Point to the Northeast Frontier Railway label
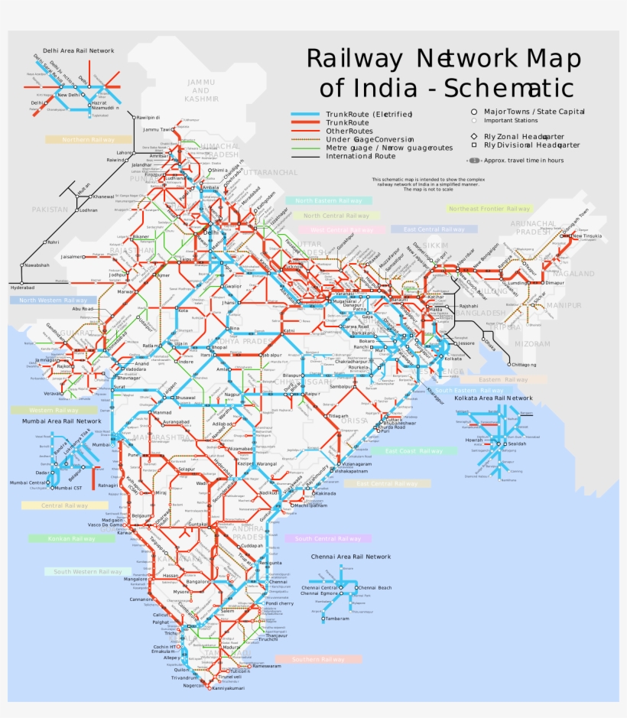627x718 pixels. coord(489,209)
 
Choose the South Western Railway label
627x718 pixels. coord(87,571)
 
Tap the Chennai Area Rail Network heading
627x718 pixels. coord(351,557)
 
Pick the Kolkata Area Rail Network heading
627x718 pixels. coord(493,398)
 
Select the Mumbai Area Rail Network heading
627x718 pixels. coord(61,421)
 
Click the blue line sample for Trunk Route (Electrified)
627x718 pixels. coord(307,115)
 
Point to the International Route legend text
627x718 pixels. coord(361,157)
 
